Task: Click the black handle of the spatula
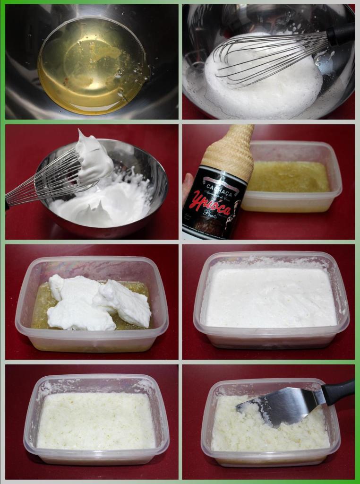tap(339, 392)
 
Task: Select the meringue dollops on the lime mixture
tap(94, 302)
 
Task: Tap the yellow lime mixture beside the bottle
tap(288, 177)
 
